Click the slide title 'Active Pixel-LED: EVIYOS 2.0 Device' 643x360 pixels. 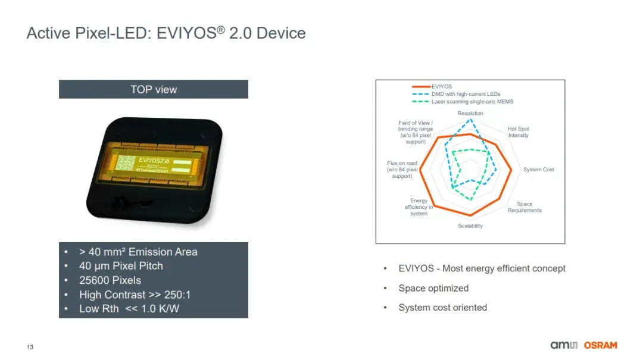tap(166, 33)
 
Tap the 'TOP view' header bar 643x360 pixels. tap(154, 89)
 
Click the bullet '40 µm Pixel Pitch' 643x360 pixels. tap(121, 266)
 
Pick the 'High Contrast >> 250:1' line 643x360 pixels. tap(135, 295)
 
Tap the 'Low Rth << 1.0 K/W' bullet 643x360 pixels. tap(129, 309)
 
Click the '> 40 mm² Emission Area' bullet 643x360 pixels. tap(138, 252)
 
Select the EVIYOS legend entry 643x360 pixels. tap(441, 86)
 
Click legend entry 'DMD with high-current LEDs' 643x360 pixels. tap(466, 94)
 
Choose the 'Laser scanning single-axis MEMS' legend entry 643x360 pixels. tap(472, 102)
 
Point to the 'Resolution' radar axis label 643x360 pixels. tap(470, 113)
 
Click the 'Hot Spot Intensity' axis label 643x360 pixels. tap(518, 132)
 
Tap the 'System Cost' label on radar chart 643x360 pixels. tap(538, 170)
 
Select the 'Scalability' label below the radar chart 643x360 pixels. tap(470, 226)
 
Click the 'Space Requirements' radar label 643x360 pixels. tap(525, 207)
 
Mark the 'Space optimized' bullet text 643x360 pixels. tap(433, 288)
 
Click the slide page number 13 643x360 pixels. tap(30, 347)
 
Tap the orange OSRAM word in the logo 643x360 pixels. tap(600, 345)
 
